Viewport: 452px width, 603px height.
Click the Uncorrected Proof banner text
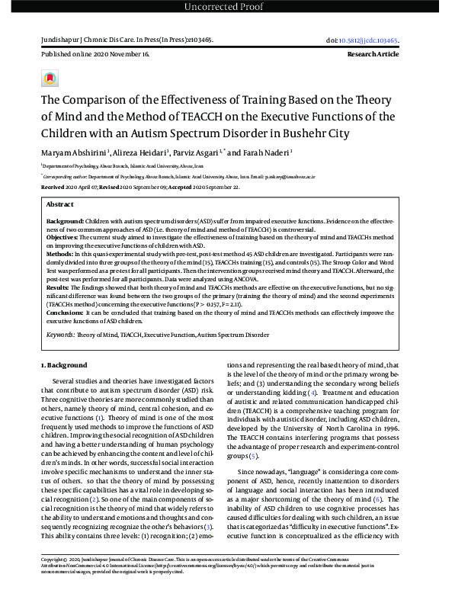coord(226,8)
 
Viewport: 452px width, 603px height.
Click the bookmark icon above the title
coord(50,78)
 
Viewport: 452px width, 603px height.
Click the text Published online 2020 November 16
coord(95,55)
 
